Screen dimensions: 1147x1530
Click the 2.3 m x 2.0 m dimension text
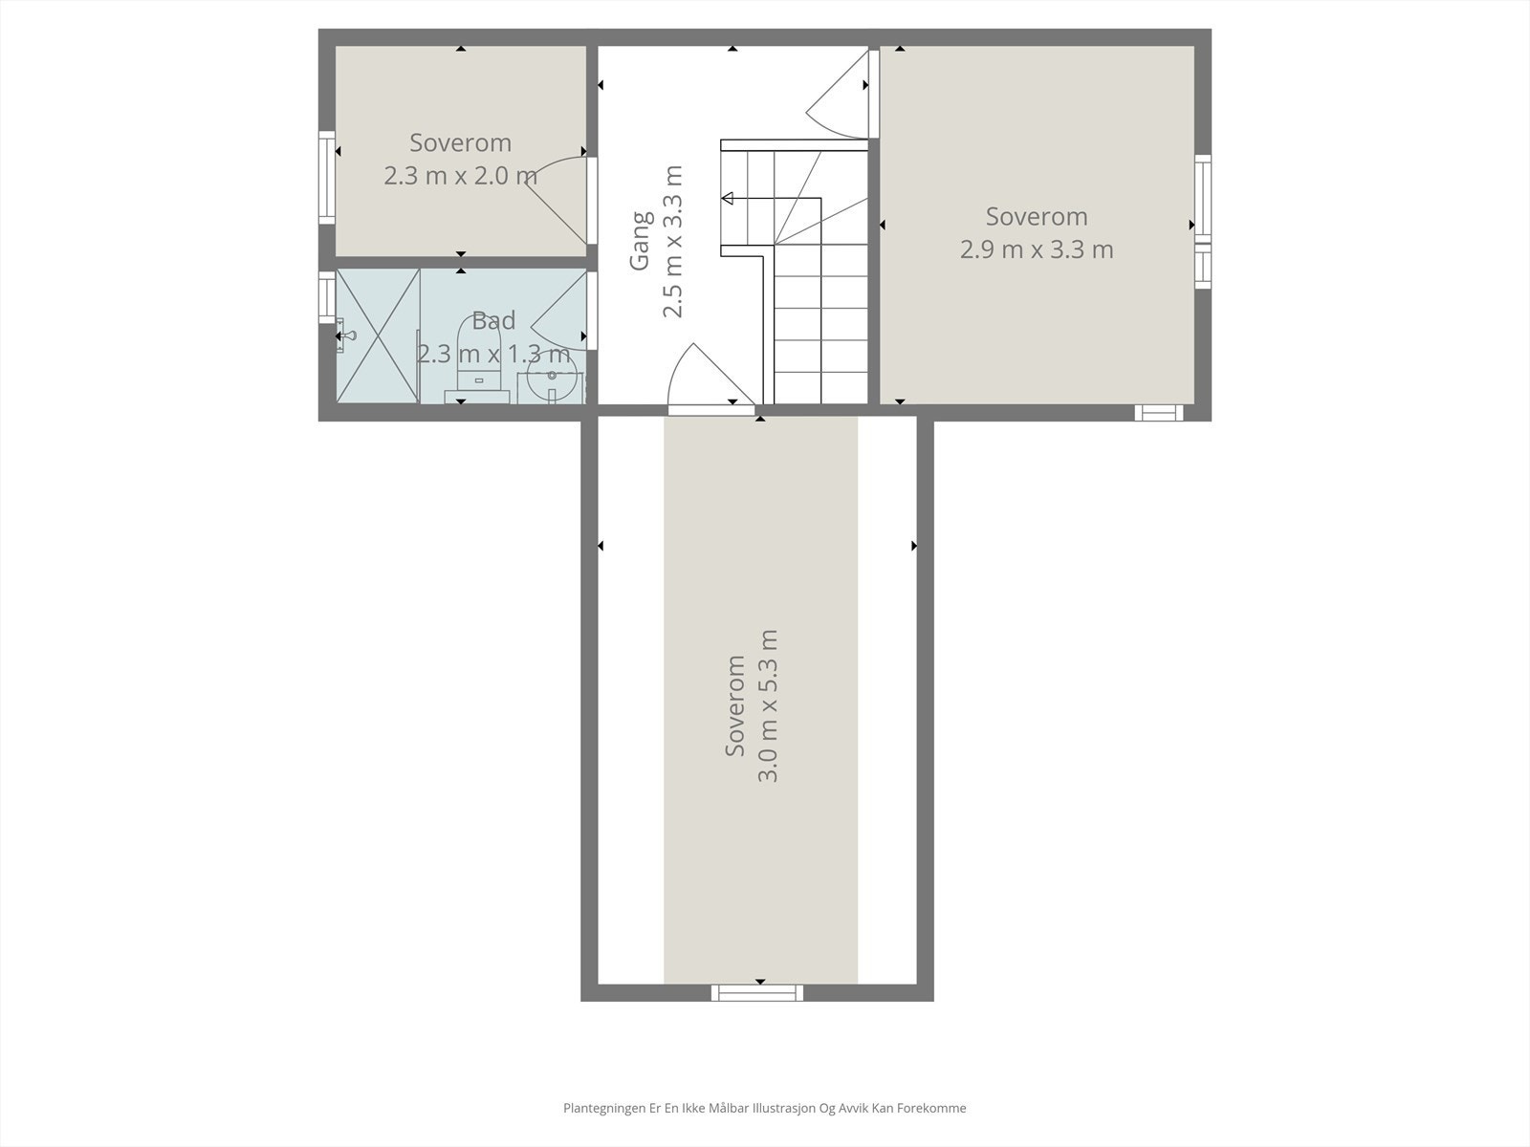pos(460,176)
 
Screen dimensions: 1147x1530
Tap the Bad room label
pos(493,321)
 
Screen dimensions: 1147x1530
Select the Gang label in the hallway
pos(640,241)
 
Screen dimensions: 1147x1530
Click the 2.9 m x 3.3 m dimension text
pos(1037,249)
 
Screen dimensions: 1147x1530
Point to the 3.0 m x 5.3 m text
pos(768,705)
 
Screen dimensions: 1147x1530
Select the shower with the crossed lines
pos(378,335)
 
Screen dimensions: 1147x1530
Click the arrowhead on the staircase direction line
pos(728,199)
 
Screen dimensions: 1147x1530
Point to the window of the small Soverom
pos(327,178)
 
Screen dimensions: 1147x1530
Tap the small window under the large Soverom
pos(1158,413)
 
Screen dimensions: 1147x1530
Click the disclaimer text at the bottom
pos(764,1109)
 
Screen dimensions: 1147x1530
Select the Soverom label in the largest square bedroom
pos(1037,217)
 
